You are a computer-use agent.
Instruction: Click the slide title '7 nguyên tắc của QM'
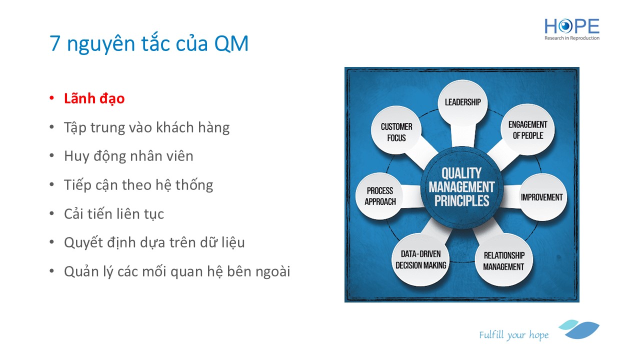click(x=149, y=43)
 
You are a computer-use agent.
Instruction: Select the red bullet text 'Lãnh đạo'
click(x=94, y=98)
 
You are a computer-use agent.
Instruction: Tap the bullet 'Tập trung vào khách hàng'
click(x=146, y=127)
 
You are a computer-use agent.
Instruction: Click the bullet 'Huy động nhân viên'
click(x=128, y=156)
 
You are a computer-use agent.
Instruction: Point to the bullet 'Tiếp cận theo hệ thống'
click(x=138, y=185)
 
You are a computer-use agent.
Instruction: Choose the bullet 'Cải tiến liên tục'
click(x=114, y=213)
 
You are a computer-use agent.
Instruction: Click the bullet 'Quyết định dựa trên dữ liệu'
click(x=154, y=242)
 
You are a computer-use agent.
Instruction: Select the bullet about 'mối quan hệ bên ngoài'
click(x=177, y=271)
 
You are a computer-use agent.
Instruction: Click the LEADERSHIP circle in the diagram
click(x=463, y=102)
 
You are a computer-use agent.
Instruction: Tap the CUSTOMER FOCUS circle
click(x=396, y=130)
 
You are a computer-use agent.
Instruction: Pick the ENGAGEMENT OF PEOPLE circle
click(x=527, y=130)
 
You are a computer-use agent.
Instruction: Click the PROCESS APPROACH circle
click(x=380, y=196)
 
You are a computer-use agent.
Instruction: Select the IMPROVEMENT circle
click(x=541, y=197)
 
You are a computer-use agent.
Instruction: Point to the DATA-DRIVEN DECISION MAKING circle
click(x=420, y=260)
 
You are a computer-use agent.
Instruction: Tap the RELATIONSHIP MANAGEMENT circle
click(x=504, y=260)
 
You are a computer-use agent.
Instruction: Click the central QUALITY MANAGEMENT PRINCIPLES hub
click(x=461, y=187)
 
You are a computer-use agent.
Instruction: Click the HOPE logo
click(x=571, y=29)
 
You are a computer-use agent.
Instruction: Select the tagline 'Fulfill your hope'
click(x=513, y=335)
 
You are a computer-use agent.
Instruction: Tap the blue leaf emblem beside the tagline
click(x=579, y=329)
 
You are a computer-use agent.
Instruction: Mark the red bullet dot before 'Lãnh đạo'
click(x=51, y=98)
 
